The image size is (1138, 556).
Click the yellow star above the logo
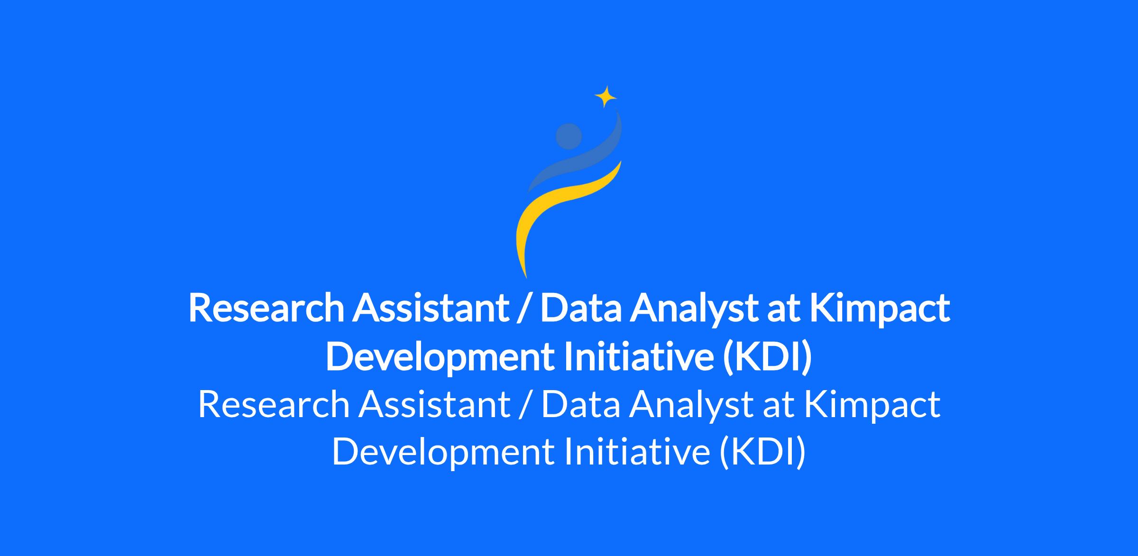click(606, 97)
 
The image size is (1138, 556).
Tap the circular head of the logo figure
click(569, 136)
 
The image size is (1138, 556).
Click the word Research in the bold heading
click(266, 308)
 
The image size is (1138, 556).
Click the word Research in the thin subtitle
click(274, 404)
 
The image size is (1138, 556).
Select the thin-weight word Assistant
click(434, 404)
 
